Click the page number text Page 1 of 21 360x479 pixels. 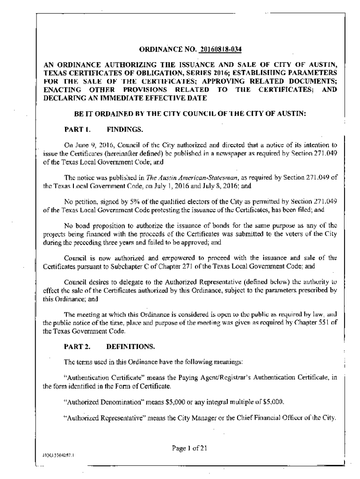click(189, 448)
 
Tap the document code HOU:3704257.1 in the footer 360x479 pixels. click(56, 454)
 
